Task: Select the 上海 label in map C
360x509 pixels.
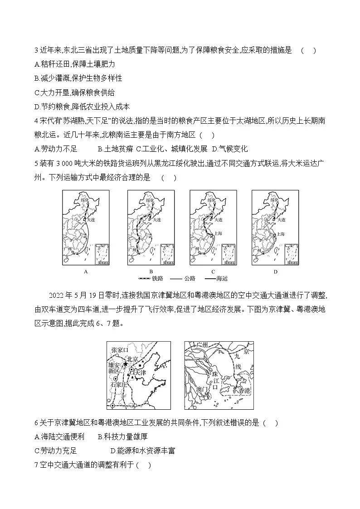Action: coord(219,234)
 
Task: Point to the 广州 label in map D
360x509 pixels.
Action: coord(256,250)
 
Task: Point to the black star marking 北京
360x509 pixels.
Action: coord(125,364)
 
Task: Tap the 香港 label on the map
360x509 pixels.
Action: coord(243,390)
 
